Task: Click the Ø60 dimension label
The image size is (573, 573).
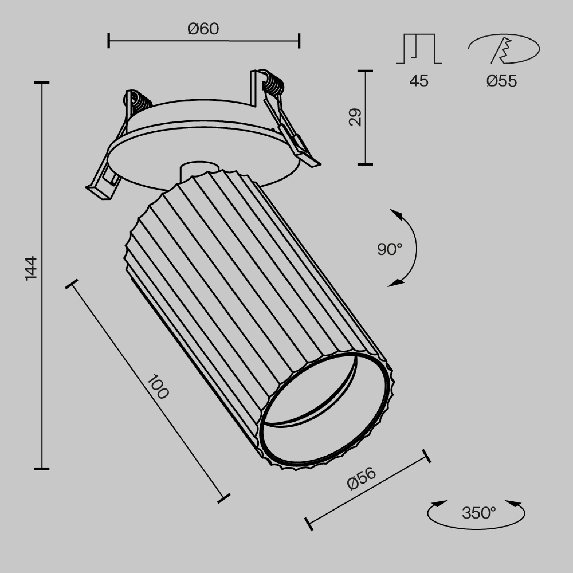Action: tap(204, 29)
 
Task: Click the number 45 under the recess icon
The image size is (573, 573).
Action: tap(419, 81)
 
